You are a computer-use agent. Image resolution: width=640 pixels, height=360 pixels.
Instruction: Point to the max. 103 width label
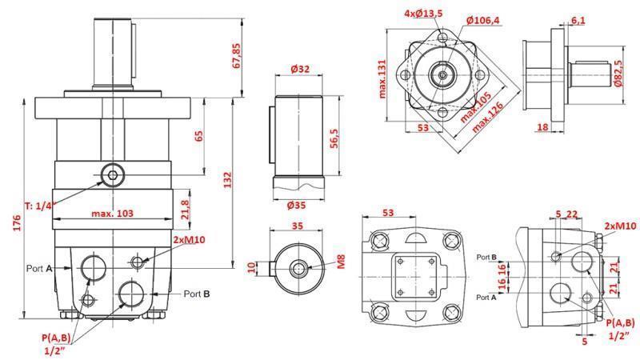(112, 213)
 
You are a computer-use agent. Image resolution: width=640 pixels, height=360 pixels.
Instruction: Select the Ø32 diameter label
(300, 70)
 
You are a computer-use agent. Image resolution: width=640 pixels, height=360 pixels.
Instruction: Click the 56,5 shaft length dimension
(336, 137)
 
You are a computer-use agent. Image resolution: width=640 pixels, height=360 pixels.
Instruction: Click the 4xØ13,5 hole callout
(423, 14)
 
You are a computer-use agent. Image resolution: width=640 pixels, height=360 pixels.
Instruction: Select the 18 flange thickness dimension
(542, 126)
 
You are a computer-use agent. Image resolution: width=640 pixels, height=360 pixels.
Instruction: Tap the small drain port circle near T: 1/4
(112, 174)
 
